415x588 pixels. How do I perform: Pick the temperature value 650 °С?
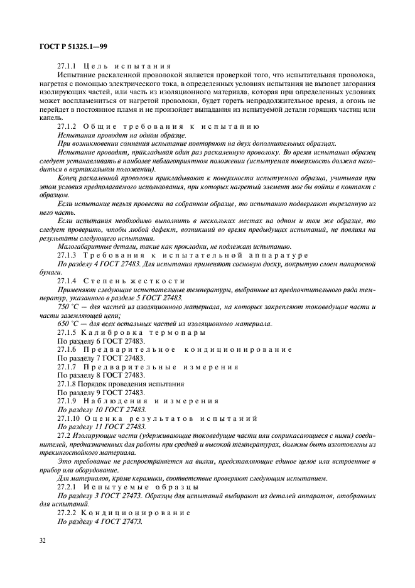point(67,323)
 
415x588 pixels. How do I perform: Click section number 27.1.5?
point(68,332)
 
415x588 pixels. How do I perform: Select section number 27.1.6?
point(68,349)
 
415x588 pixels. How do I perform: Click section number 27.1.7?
point(68,366)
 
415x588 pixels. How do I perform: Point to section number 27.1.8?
point(68,383)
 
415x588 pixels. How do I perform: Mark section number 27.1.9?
point(68,400)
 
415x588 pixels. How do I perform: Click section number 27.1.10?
point(70,417)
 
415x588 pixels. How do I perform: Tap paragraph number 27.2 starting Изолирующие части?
point(65,435)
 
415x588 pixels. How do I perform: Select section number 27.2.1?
point(68,486)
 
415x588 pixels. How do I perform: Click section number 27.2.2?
point(68,512)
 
